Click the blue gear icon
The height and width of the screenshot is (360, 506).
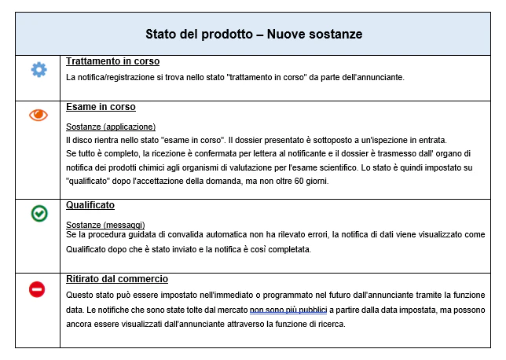coord(38,70)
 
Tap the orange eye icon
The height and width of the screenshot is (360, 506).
coord(38,115)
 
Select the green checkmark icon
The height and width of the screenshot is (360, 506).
coord(38,213)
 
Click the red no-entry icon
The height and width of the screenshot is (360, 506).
coord(38,289)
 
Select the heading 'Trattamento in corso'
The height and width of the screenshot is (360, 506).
coord(112,61)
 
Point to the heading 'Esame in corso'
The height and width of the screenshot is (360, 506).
coord(101,107)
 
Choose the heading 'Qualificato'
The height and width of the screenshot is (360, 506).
coord(90,205)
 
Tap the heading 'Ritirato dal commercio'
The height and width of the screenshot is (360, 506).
coord(117,279)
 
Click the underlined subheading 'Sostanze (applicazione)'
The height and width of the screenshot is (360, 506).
coord(111,127)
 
